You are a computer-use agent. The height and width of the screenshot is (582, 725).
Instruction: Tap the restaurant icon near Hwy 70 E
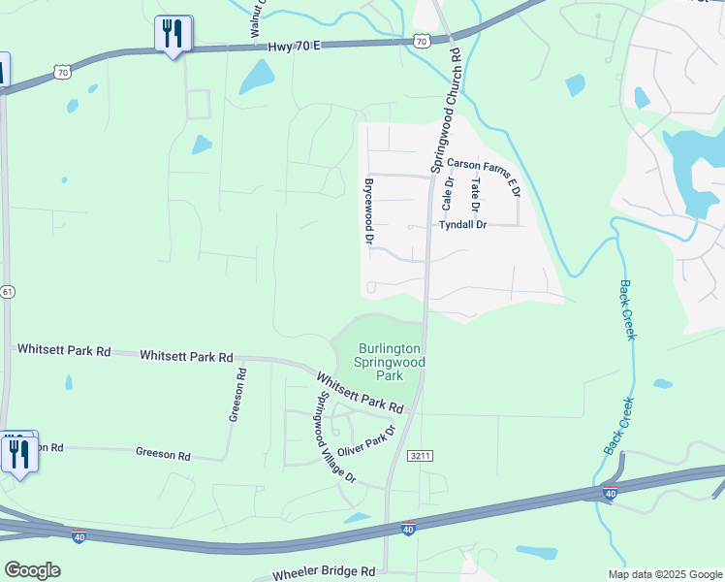point(173,34)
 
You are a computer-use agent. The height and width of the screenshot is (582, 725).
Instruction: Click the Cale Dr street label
point(448,193)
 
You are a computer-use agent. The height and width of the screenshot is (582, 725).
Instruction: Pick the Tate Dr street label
point(475,195)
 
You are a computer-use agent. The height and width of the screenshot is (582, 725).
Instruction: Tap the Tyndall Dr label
point(462,224)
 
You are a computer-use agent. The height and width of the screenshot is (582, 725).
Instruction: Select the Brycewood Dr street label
point(368,210)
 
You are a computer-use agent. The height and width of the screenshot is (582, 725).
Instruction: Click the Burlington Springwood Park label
point(390,361)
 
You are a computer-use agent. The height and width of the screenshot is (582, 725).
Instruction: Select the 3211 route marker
point(420,455)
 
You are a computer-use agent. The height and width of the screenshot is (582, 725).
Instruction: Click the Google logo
point(32,570)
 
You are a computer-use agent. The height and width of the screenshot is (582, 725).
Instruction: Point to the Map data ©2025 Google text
point(664,574)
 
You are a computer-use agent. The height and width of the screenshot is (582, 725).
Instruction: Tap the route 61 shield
point(6,291)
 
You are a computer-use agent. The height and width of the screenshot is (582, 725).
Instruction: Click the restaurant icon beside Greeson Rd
point(19,453)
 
